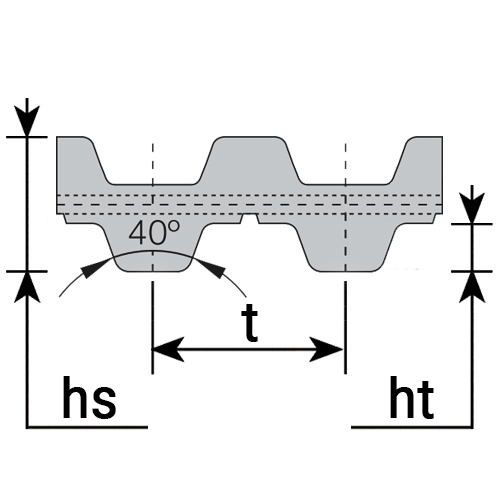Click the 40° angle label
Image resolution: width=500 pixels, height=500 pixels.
[154, 232]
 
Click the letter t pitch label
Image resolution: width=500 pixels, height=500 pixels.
[250, 325]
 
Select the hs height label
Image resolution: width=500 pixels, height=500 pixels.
[89, 398]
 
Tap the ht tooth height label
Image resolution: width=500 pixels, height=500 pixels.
[412, 398]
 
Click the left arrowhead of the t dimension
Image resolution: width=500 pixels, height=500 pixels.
[168, 349]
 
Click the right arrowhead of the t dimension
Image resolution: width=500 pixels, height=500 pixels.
[327, 349]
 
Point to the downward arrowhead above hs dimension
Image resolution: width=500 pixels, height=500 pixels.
[27, 121]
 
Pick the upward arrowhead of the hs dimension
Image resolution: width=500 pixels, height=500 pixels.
[27, 287]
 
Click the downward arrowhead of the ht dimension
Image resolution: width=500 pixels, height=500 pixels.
[472, 209]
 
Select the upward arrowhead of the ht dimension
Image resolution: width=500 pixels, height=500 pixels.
[472, 287]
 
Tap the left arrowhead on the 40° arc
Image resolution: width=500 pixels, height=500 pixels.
[95, 267]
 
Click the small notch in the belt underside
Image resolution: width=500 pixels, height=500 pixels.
[250, 218]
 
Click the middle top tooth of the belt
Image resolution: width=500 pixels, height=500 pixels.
[250, 160]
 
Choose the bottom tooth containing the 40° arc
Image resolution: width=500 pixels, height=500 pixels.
[153, 247]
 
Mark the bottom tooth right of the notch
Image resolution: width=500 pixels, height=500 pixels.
[345, 247]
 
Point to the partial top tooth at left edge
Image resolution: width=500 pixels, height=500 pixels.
[80, 160]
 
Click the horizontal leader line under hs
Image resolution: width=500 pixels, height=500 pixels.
[87, 427]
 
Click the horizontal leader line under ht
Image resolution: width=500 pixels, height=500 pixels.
[412, 427]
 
